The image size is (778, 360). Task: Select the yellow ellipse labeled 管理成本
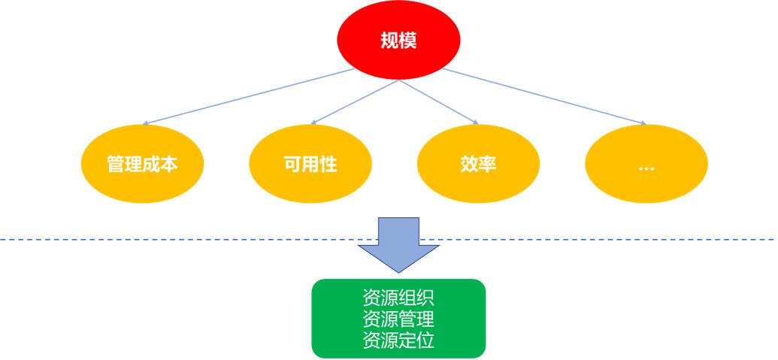click(x=143, y=165)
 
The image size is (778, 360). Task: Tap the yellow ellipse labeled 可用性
click(x=310, y=165)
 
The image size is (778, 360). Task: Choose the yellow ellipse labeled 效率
click(x=478, y=165)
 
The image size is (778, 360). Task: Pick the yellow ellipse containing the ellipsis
click(x=646, y=165)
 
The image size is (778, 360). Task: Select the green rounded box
click(x=398, y=318)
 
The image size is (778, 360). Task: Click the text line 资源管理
click(x=398, y=319)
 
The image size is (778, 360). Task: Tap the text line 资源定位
click(x=398, y=340)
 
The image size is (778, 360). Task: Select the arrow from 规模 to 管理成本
click(x=248, y=96)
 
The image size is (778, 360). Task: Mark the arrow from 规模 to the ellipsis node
click(x=544, y=96)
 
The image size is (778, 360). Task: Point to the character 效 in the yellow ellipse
click(x=469, y=165)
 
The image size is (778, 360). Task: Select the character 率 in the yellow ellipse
click(x=488, y=165)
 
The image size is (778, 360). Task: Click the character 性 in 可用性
click(x=328, y=165)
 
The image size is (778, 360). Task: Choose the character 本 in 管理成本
click(x=170, y=165)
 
